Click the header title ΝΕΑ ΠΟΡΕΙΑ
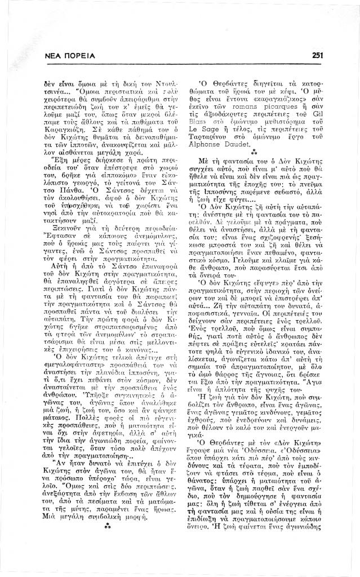(69, 55)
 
